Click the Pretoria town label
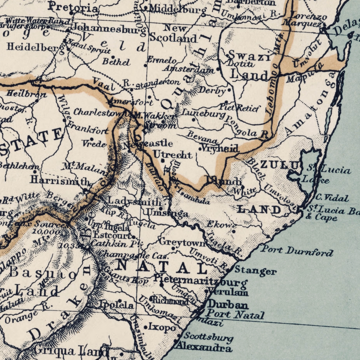point(73,6)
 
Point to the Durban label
point(228,304)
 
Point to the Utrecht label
point(173,155)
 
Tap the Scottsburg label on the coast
point(208,337)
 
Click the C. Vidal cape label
point(332,198)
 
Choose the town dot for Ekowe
point(234,231)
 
